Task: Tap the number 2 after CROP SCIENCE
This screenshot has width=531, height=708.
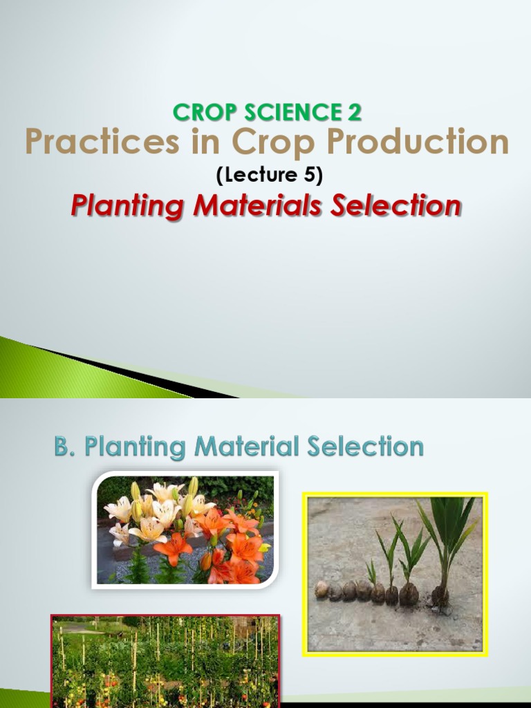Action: pyautogui.click(x=354, y=111)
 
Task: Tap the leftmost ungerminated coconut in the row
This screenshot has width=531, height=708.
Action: pyautogui.click(x=322, y=589)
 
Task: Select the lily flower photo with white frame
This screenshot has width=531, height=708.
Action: pyautogui.click(x=185, y=530)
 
